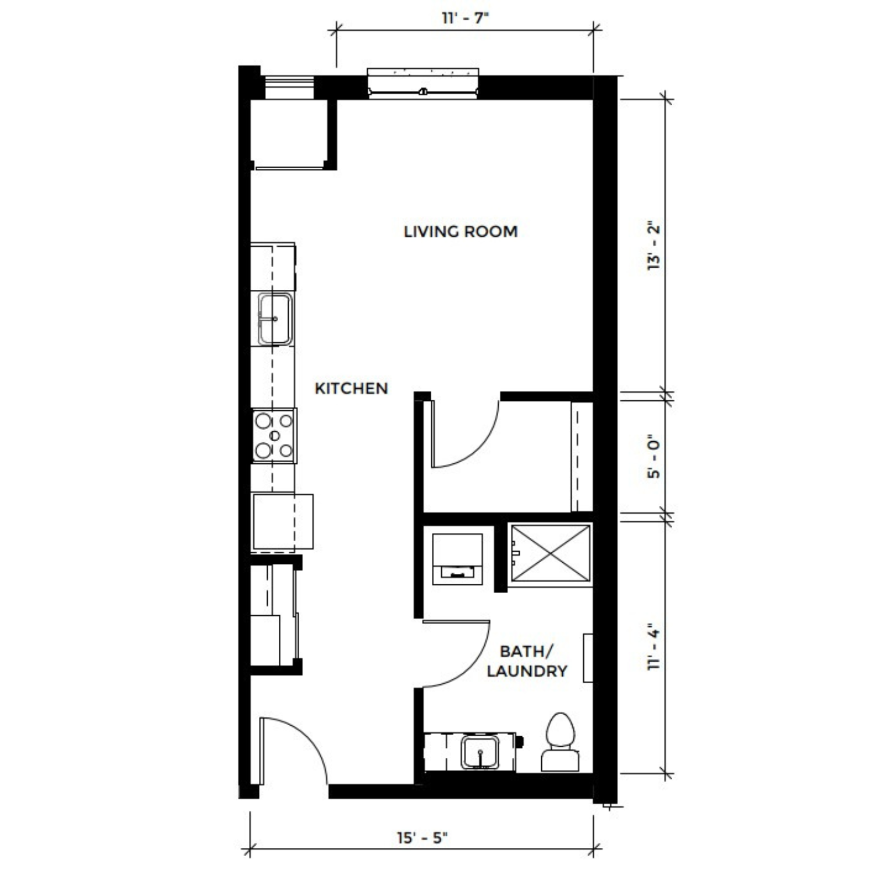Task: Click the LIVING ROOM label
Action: (460, 232)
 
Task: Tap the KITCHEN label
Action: (351, 388)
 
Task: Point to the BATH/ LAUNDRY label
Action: (527, 661)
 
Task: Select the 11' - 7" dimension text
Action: (464, 17)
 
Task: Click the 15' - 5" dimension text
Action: (423, 838)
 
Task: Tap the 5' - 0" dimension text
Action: (654, 456)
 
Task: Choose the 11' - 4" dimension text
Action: (654, 648)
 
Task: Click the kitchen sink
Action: (275, 319)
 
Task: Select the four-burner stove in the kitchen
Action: (274, 435)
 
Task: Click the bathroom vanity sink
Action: (480, 753)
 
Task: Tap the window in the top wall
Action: (423, 83)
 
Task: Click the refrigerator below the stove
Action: (282, 522)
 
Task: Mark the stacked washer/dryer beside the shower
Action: (457, 559)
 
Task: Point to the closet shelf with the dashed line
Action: (581, 456)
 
